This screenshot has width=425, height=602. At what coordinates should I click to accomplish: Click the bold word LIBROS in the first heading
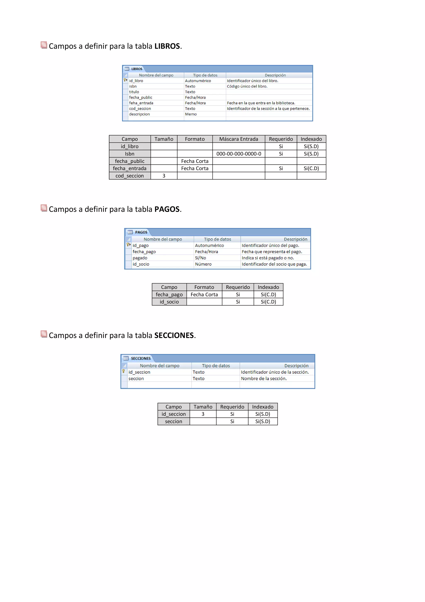coord(167,46)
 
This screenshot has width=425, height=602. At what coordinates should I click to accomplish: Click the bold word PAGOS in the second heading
coord(167,209)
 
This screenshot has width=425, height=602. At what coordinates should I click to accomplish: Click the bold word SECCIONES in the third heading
coord(174,335)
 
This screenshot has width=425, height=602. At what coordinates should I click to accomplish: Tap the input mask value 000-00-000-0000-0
coord(239,154)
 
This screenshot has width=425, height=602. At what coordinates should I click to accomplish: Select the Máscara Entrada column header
coord(239,139)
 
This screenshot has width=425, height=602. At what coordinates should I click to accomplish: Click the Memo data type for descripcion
coord(191,114)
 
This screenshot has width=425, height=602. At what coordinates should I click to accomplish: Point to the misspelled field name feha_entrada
coord(141,103)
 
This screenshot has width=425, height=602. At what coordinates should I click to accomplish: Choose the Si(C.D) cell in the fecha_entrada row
coord(311,168)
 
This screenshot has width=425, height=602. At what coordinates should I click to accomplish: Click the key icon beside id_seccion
coord(123,371)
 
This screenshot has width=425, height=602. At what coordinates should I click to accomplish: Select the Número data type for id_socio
coord(203,264)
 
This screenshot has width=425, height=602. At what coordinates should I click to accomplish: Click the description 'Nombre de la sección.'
coord(264,379)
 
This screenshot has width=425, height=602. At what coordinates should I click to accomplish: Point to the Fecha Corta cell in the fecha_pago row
coord(204,295)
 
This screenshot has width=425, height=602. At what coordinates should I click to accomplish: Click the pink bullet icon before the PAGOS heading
coord(44,208)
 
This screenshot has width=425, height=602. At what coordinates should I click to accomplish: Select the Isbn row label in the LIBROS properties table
coord(130,154)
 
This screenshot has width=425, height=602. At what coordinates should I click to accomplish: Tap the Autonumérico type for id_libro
coord(198,81)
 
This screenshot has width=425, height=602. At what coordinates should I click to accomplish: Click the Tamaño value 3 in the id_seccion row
coord(203,414)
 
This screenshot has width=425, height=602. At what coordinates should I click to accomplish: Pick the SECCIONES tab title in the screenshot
coord(141,358)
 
